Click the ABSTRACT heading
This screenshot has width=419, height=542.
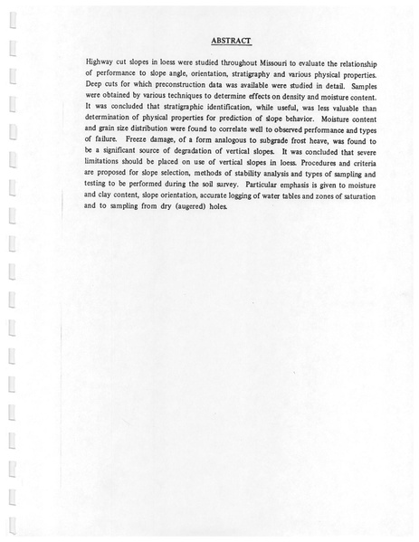click(230, 40)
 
